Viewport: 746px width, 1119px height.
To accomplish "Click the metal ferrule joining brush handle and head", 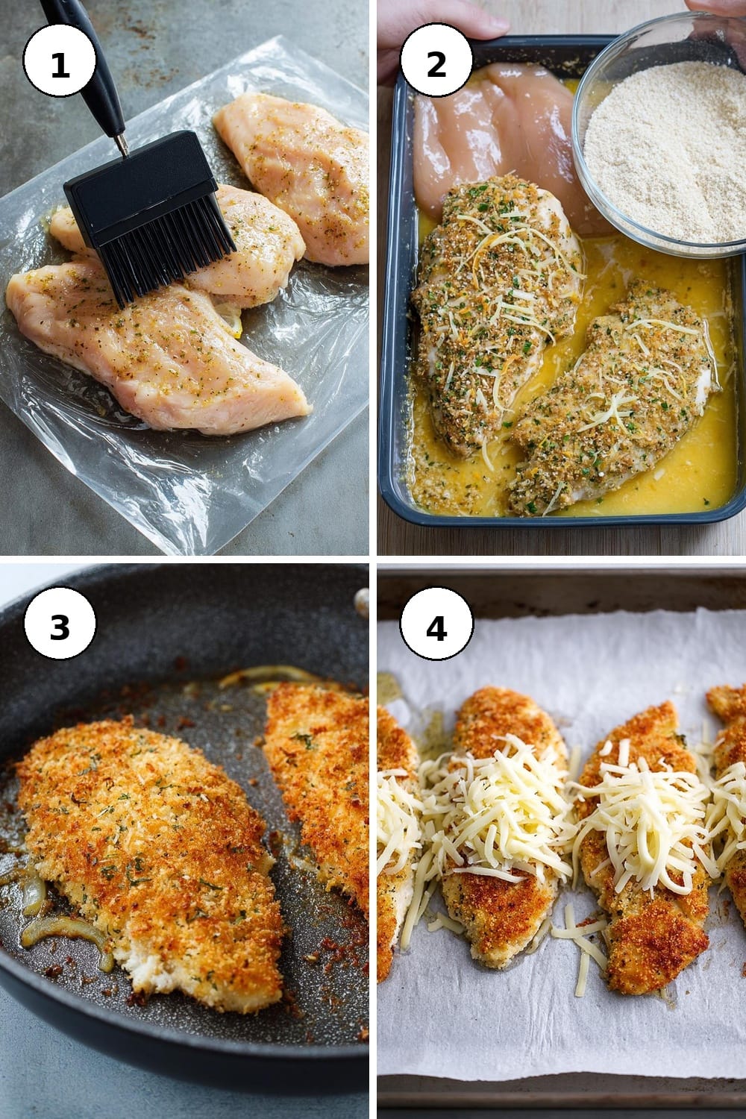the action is [x=120, y=144].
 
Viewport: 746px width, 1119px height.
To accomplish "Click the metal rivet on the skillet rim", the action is [x=361, y=601].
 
